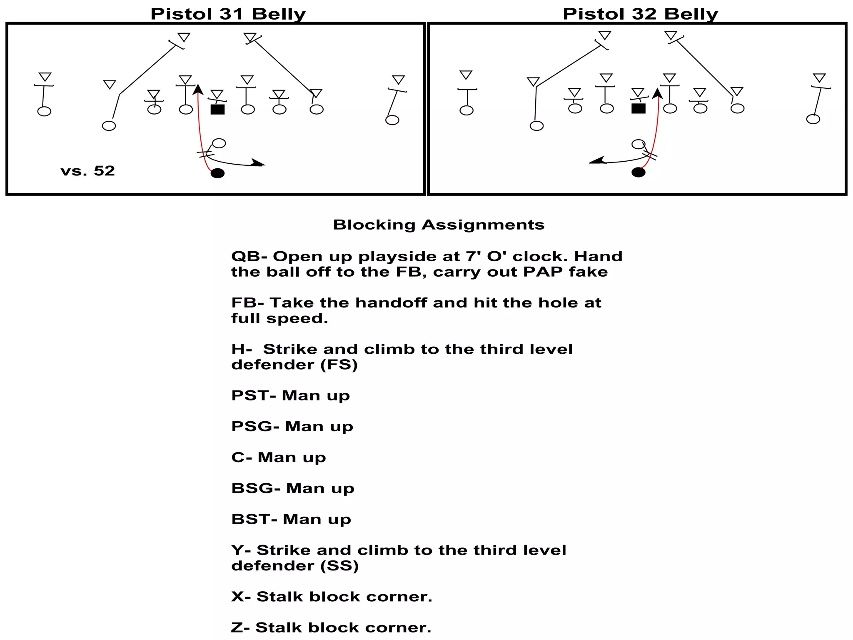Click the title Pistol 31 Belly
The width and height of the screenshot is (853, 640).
(228, 14)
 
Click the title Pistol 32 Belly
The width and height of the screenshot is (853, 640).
(640, 14)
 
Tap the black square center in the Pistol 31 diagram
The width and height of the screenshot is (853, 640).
(217, 110)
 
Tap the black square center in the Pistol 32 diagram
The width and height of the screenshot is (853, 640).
(638, 109)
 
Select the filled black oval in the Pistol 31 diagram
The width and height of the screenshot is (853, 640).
(217, 173)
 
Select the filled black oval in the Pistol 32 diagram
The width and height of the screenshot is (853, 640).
(638, 172)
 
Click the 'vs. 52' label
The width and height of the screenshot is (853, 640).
(87, 171)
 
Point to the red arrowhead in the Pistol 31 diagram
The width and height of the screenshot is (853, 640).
(198, 89)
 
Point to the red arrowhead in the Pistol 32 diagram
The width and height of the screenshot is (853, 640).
(658, 93)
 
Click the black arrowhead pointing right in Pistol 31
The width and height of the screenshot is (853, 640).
(258, 163)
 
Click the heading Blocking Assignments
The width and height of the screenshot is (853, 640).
(439, 225)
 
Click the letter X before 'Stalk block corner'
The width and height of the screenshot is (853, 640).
(238, 597)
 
